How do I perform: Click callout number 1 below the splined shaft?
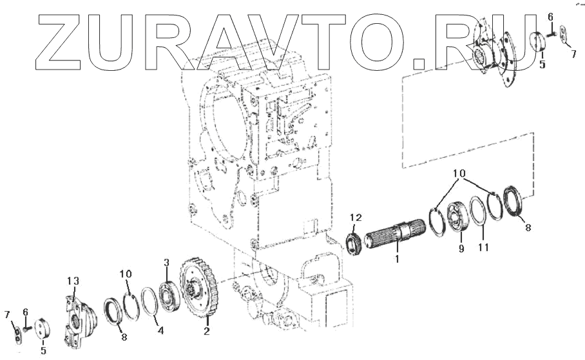398,259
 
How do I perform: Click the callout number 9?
461,249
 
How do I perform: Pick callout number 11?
483,247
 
